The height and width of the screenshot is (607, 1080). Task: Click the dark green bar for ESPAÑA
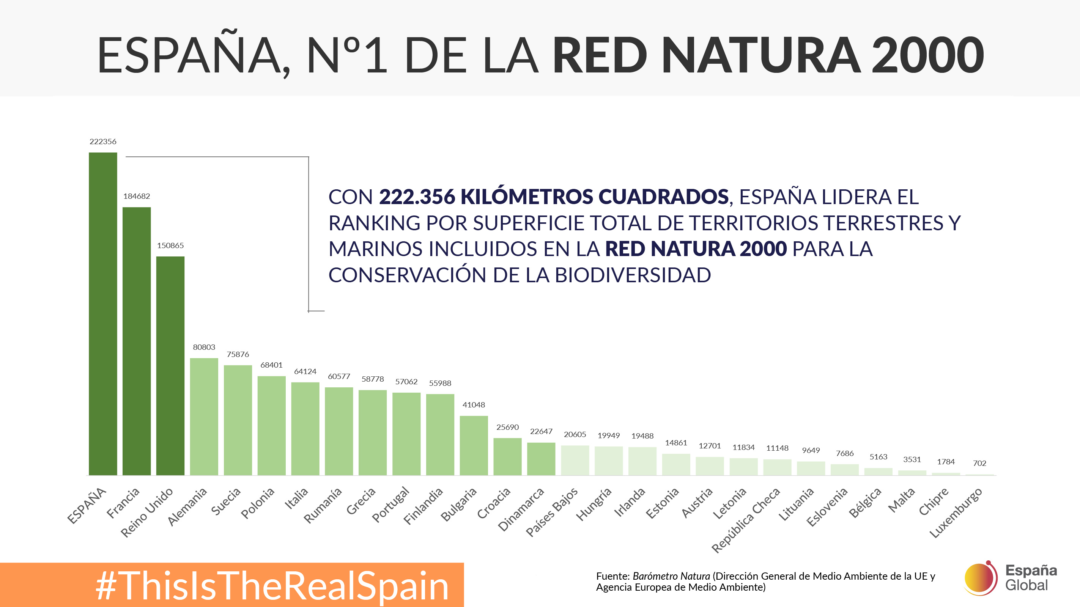(103, 314)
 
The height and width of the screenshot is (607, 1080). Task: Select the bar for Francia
(137, 341)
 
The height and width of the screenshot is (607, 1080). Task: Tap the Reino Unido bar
(170, 366)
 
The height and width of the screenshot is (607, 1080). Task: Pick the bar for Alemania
(204, 416)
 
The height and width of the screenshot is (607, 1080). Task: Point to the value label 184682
(137, 196)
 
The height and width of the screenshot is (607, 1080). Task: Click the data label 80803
(204, 347)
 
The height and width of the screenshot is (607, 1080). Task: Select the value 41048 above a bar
(474, 405)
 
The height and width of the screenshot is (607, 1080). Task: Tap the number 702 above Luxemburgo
(979, 463)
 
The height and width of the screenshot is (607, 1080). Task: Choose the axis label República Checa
(746, 520)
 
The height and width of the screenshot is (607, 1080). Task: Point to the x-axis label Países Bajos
(552, 512)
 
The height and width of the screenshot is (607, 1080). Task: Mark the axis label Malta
(901, 500)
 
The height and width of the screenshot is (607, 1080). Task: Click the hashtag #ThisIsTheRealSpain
(272, 586)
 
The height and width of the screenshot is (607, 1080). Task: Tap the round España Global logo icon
(981, 578)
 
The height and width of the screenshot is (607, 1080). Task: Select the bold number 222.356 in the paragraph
(417, 197)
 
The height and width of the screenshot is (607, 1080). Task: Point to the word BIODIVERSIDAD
(633, 275)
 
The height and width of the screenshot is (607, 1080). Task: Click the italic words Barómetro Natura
(671, 576)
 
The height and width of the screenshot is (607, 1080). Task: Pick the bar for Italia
(305, 428)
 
